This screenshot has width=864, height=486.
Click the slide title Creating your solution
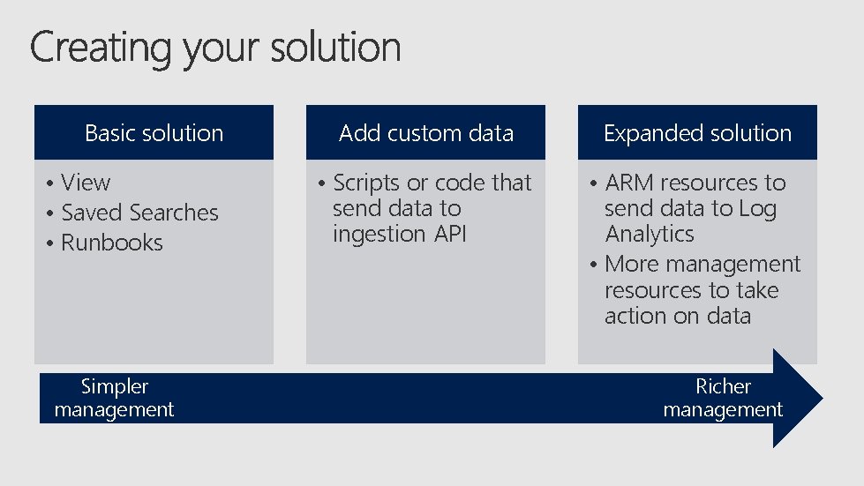(215, 48)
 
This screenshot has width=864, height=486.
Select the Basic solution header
(154, 133)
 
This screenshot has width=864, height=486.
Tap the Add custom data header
(425, 133)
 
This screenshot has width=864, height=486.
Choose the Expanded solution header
(697, 133)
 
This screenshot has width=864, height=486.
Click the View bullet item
(86, 183)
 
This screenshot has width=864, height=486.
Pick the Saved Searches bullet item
(139, 213)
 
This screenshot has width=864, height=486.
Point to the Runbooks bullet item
(112, 243)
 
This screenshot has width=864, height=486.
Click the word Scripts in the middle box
(366, 183)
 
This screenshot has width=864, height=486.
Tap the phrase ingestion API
(399, 234)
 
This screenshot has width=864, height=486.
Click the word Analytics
(650, 234)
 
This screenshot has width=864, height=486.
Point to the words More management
(702, 264)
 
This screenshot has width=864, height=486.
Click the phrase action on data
(677, 316)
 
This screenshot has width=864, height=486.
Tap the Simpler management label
(114, 398)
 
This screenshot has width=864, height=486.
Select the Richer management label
(723, 398)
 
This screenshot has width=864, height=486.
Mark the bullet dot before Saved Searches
(53, 214)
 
